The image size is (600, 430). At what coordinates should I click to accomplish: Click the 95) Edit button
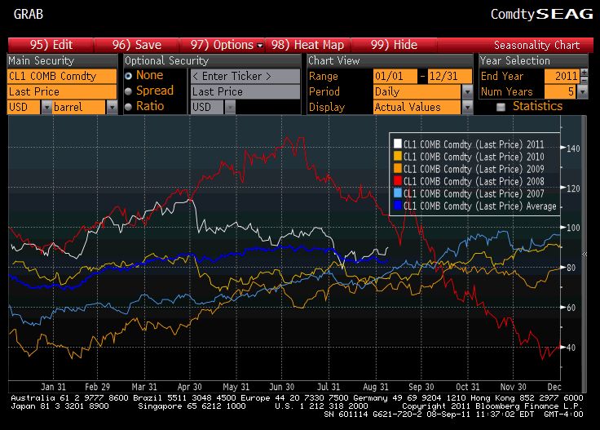tap(51, 45)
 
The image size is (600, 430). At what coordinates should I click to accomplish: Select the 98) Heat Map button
tap(307, 45)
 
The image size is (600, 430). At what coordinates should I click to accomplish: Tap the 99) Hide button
tap(394, 45)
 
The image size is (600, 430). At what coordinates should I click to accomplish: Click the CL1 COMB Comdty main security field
tap(62, 76)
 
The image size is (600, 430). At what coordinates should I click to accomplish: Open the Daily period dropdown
tap(421, 91)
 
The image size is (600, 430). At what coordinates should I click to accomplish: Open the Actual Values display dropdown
tap(421, 107)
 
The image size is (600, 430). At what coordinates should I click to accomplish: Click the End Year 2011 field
tap(562, 76)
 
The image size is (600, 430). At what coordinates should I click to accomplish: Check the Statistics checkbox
tap(501, 107)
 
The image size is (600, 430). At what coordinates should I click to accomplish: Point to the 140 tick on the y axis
tap(572, 149)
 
